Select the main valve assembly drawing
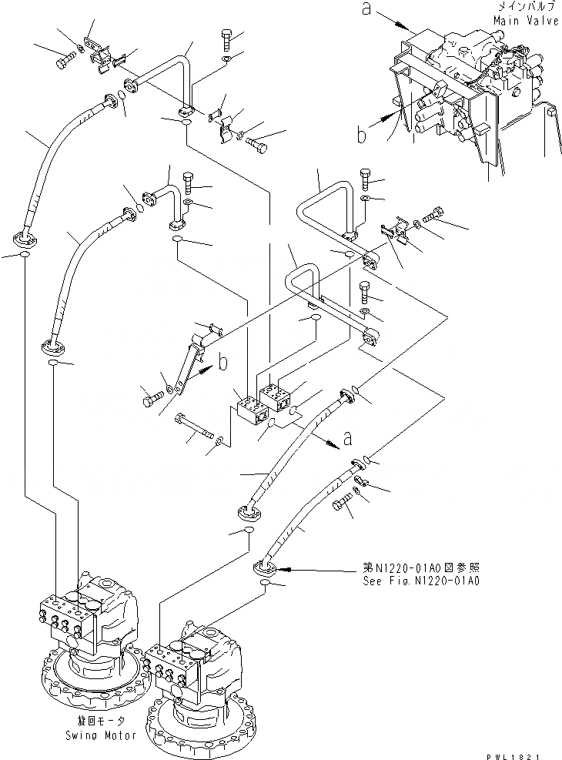coord(462,100)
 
